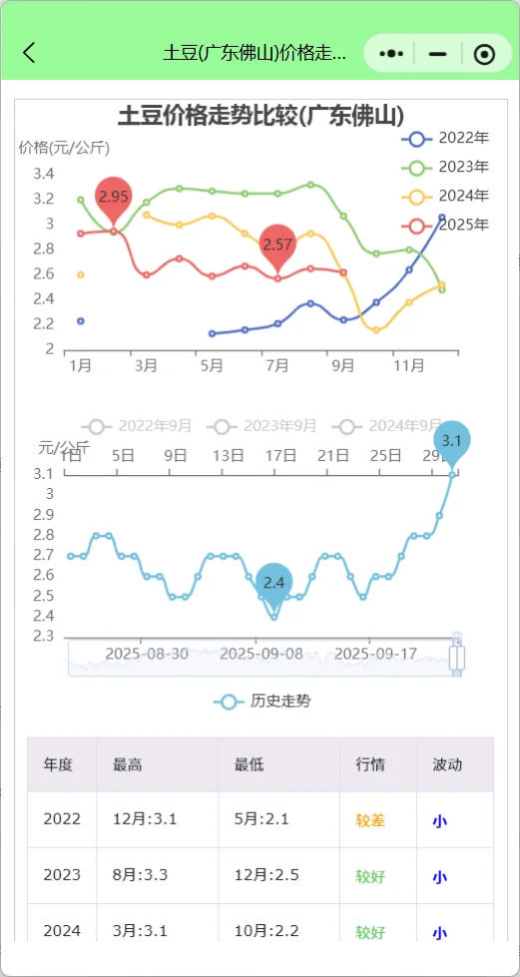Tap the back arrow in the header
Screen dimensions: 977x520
[x=29, y=53]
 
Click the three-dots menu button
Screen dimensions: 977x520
[x=392, y=54]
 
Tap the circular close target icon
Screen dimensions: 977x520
[x=484, y=54]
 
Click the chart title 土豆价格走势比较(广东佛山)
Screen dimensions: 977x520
[x=260, y=115]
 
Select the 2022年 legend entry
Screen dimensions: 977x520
[x=446, y=138]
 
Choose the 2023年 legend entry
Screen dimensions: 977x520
[x=446, y=167]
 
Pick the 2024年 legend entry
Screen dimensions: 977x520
[x=446, y=196]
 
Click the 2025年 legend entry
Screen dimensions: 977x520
[x=446, y=225]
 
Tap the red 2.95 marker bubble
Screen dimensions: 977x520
[x=114, y=197]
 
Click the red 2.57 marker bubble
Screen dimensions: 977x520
[x=278, y=244]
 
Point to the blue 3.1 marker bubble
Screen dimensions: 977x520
[x=452, y=440]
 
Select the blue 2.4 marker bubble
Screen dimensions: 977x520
[x=274, y=583]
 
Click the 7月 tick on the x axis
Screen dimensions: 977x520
[x=277, y=365]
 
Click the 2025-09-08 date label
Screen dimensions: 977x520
[x=262, y=654]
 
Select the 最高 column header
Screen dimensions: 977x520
[x=128, y=764]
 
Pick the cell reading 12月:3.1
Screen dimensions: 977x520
[x=145, y=820]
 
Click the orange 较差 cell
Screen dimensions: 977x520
[x=370, y=820]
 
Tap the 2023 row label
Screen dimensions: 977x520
[x=62, y=876]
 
